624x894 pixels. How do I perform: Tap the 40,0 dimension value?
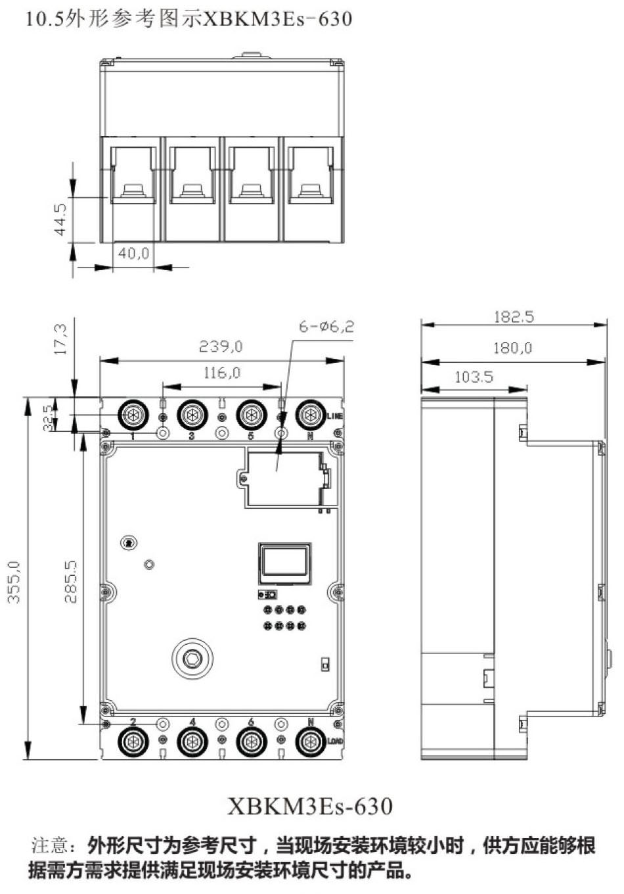click(133, 253)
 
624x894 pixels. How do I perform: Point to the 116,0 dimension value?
click(221, 373)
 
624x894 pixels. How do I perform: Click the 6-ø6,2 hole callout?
click(326, 326)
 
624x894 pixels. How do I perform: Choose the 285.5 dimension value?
click(71, 582)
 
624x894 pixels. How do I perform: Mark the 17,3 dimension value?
click(60, 339)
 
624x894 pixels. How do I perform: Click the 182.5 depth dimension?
click(514, 317)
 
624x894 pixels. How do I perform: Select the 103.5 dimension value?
click(474, 377)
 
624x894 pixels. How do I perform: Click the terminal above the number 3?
click(192, 415)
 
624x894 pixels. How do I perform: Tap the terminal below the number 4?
click(192, 742)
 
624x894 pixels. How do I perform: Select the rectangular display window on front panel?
click(284, 563)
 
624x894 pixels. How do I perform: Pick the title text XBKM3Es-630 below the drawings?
click(310, 806)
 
